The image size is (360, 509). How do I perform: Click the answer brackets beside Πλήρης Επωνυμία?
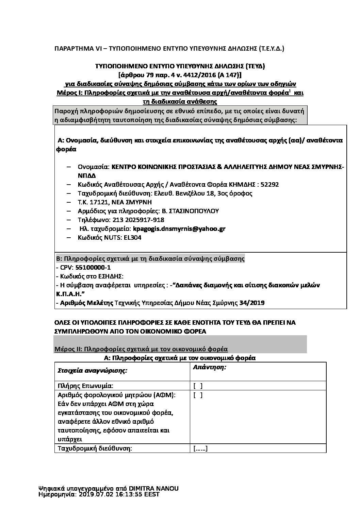point(198,386)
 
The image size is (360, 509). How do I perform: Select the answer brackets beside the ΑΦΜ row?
point(198,395)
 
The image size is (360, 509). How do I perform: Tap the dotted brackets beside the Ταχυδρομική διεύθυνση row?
point(200,448)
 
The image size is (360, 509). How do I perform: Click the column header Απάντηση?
point(210,368)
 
